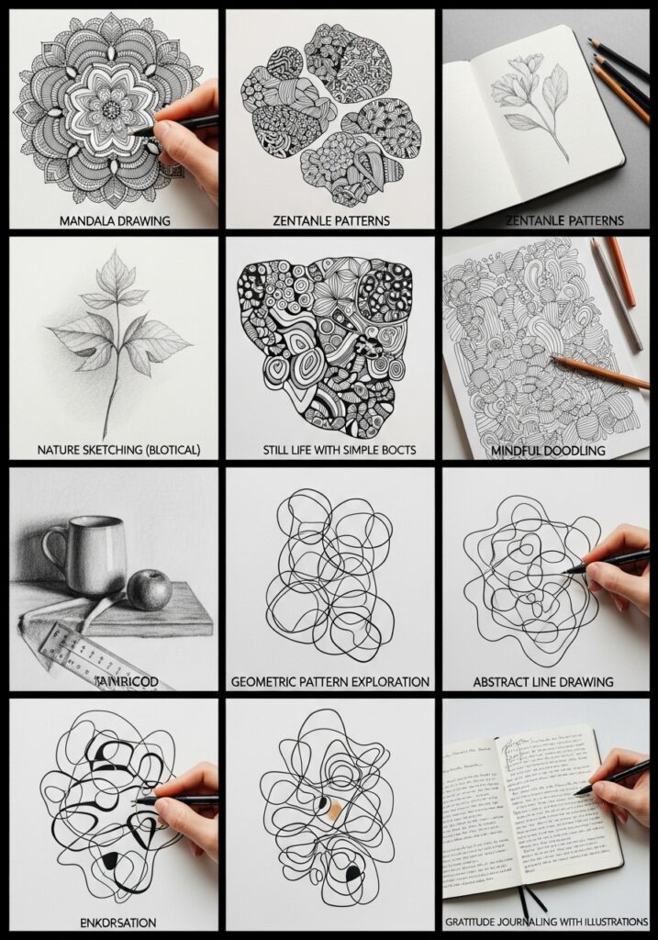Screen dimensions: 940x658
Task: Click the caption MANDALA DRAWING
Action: (114, 220)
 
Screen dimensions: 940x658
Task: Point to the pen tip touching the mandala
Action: (134, 134)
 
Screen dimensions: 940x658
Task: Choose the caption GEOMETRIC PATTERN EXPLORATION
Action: (329, 682)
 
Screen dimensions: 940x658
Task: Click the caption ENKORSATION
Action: (114, 922)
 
